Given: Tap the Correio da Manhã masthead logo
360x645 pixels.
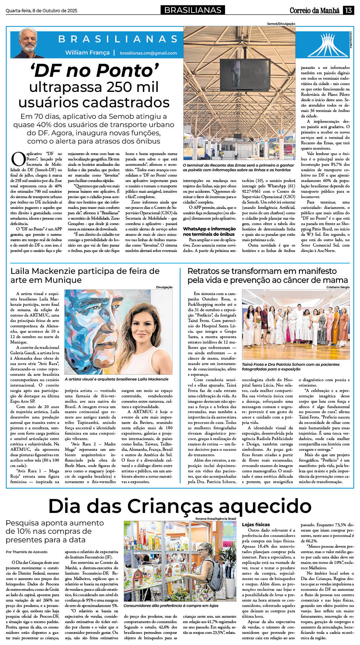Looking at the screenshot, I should click(314, 10).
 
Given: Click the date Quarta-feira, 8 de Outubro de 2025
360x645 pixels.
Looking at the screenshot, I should click(41, 11).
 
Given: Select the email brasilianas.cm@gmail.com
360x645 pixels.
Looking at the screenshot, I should click(148, 53).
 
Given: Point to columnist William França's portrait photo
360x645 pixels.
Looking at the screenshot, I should click(28, 43).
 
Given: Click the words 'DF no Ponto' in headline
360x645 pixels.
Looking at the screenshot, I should click(94, 70).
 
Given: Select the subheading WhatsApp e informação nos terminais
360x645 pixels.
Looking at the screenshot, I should click(209, 232).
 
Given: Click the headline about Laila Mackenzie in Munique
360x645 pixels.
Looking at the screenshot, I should click(85, 275).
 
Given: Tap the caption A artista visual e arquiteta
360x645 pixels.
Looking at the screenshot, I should click(117, 379).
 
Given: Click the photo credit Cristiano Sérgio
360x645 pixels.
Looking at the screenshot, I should click(338, 287).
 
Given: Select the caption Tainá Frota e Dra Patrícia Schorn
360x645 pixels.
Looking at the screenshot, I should click(291, 366).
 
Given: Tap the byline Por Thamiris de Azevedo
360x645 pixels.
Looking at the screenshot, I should click(27, 552).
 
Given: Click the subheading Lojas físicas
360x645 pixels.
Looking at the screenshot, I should click(256, 524).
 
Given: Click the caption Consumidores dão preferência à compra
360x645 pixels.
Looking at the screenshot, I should click(171, 606).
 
